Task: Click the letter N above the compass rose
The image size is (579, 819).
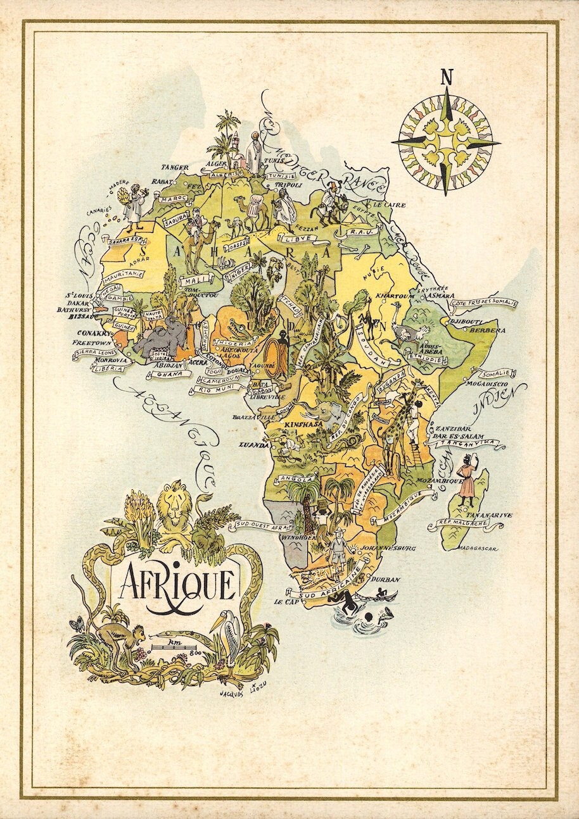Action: point(447,78)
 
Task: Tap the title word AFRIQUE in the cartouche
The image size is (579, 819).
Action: point(177,584)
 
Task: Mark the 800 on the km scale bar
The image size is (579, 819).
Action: point(194,652)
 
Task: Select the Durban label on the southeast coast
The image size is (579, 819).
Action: point(386,579)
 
